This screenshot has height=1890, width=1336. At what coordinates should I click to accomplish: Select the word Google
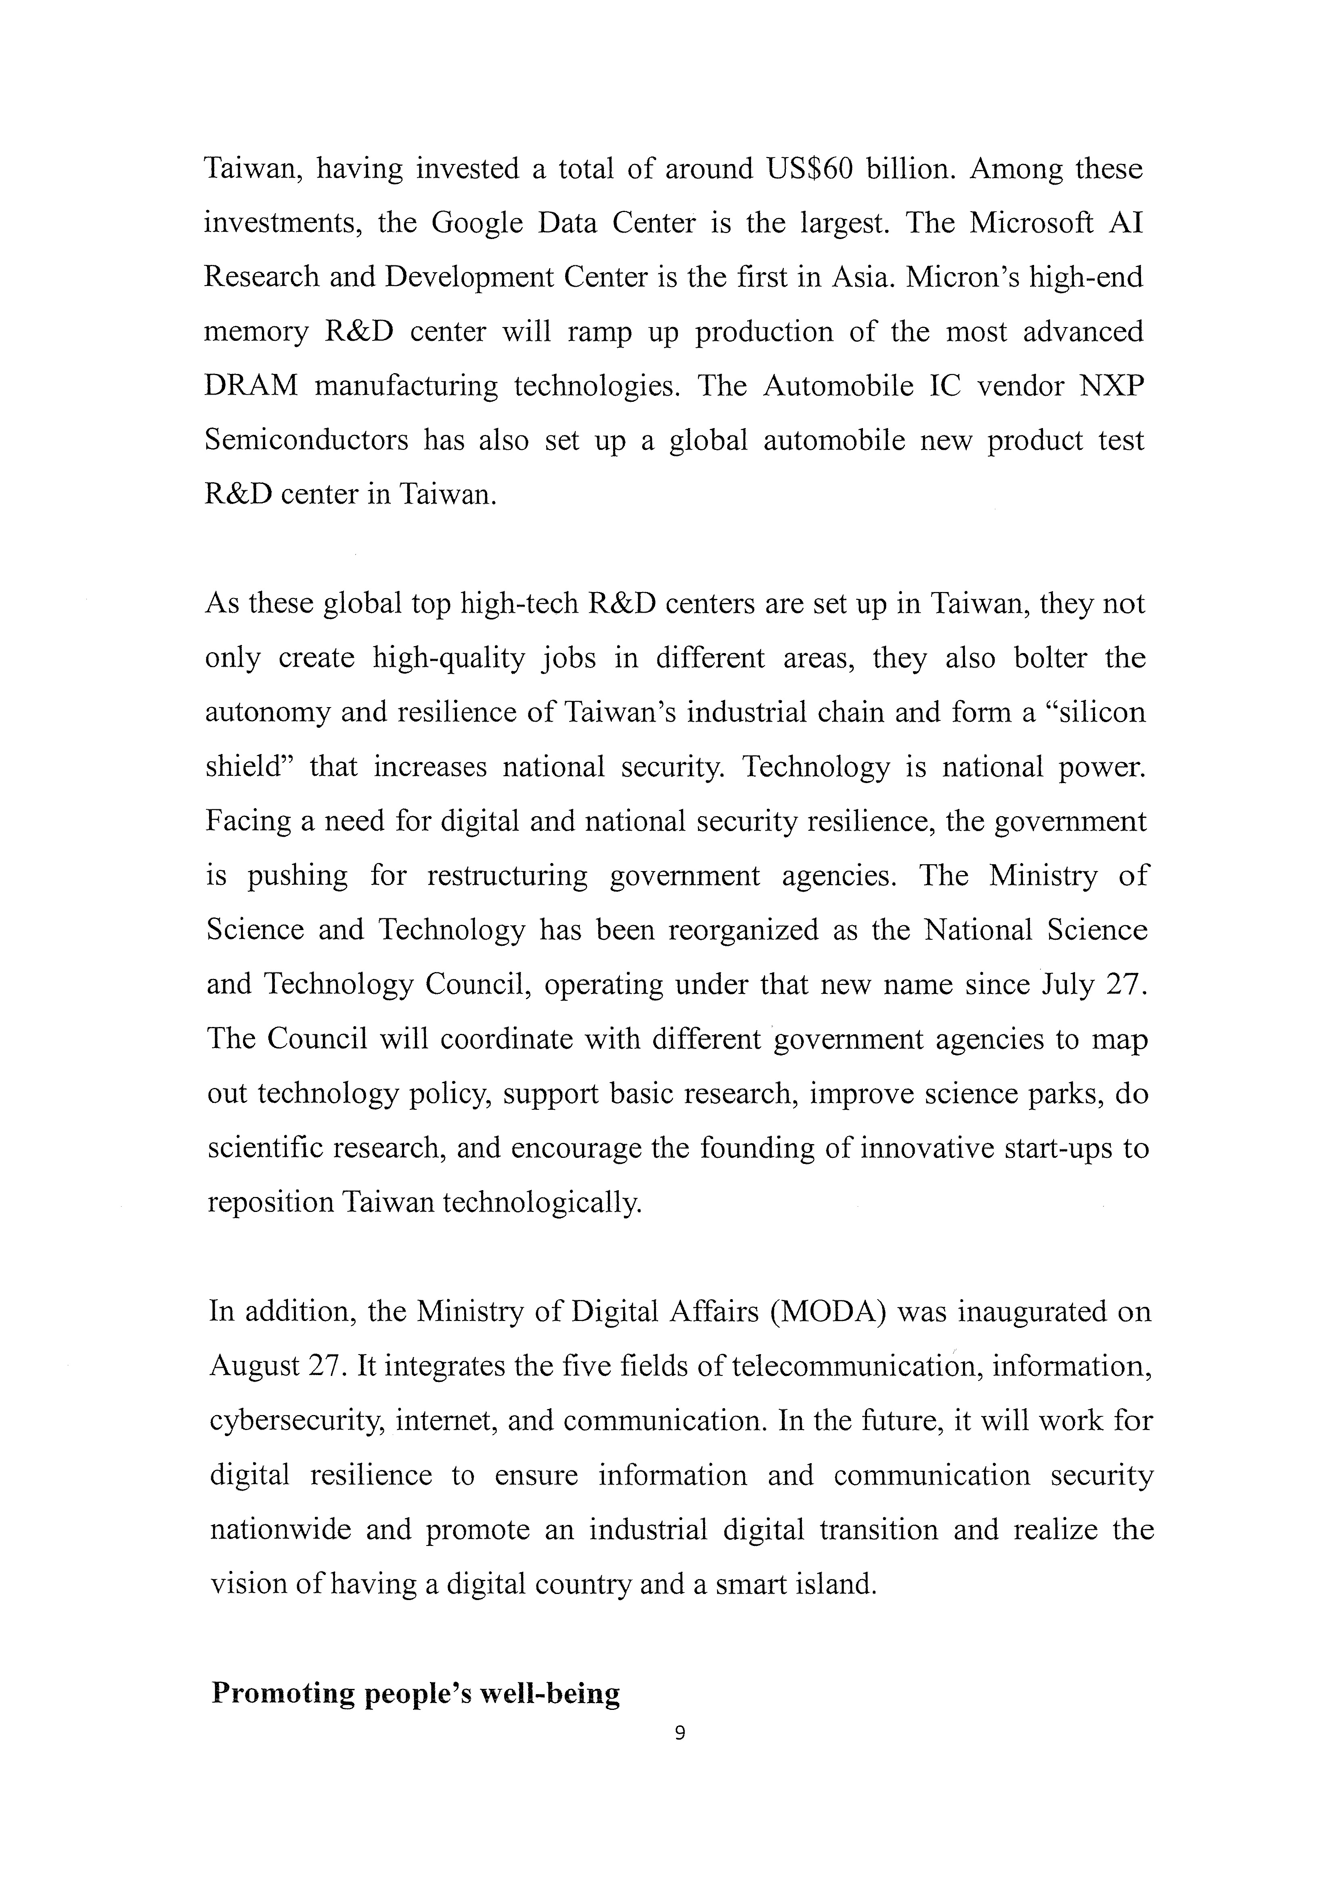(477, 224)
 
